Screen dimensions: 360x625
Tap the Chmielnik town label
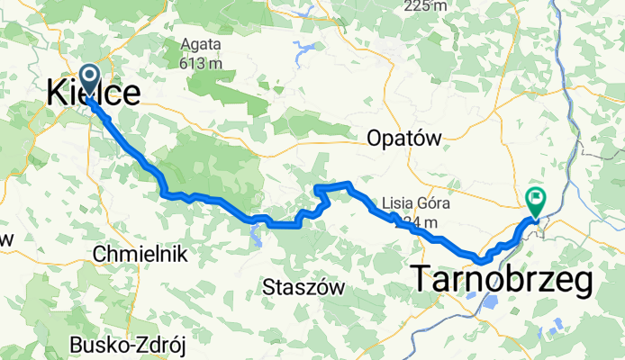pos(140,254)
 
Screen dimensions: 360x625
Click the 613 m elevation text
pos(200,64)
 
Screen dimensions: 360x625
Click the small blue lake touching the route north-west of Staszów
pos(255,236)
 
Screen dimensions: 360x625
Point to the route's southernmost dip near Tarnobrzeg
pos(483,260)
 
